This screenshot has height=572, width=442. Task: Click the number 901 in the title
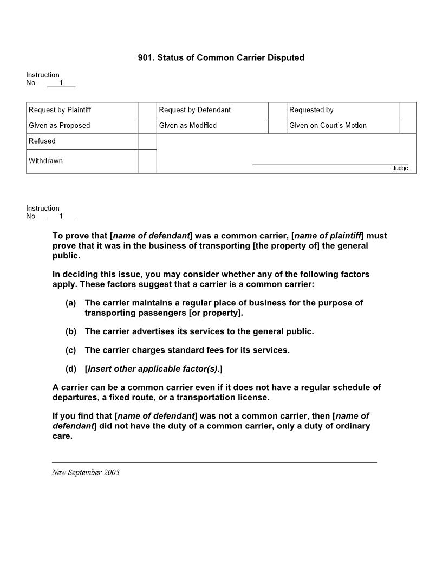click(146, 57)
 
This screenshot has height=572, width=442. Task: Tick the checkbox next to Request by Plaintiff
click(147, 110)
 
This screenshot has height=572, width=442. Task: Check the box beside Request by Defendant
click(277, 110)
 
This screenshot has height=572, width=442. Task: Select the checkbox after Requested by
click(407, 110)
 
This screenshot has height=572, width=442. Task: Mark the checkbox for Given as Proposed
click(147, 126)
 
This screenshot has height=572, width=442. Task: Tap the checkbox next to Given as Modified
click(277, 126)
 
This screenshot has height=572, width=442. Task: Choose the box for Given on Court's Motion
click(407, 126)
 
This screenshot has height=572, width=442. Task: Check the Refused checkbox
click(147, 141)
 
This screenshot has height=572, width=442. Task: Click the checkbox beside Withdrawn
click(147, 161)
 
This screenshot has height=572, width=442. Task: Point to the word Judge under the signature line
click(400, 168)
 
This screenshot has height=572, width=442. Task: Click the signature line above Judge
click(330, 164)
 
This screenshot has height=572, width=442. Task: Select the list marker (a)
click(71, 303)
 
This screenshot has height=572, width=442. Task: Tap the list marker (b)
click(71, 331)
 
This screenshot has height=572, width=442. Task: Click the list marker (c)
click(71, 350)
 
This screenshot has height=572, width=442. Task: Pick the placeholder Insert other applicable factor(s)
click(153, 369)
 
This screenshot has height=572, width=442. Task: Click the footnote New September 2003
click(86, 472)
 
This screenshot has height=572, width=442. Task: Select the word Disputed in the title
click(285, 57)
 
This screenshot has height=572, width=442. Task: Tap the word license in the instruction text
click(253, 398)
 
